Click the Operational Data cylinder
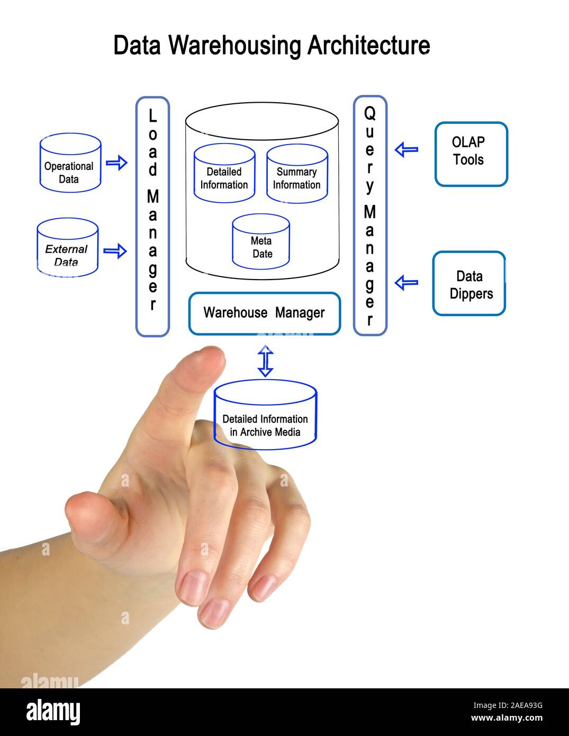pyautogui.click(x=70, y=163)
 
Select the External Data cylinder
pyautogui.click(x=67, y=248)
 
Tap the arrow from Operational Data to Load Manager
pyautogui.click(x=116, y=162)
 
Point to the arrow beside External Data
pyautogui.click(x=115, y=250)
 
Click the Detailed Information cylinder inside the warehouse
pyautogui.click(x=224, y=174)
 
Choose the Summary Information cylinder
pyautogui.click(x=296, y=174)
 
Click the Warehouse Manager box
pyautogui.click(x=264, y=313)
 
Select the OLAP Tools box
pyautogui.click(x=471, y=154)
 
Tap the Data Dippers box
pyautogui.click(x=469, y=284)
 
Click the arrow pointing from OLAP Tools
pyautogui.click(x=407, y=150)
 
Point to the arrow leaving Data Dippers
pyautogui.click(x=407, y=282)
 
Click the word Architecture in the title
pyautogui.click(x=368, y=46)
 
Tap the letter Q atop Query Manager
pyautogui.click(x=370, y=113)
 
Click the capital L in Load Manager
pyautogui.click(x=152, y=115)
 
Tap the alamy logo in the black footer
pyautogui.click(x=53, y=711)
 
